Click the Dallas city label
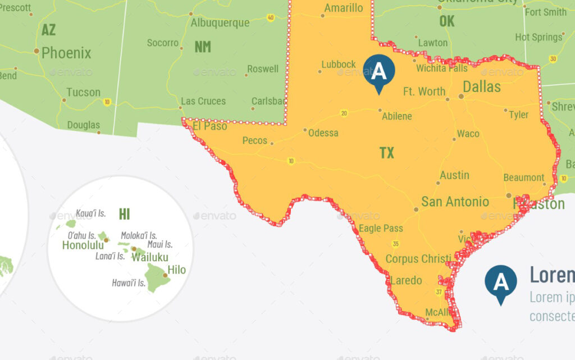481,86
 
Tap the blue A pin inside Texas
379,72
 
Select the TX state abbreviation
387,153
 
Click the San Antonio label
455,202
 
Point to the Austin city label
454,175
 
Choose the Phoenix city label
66,53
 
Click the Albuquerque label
220,23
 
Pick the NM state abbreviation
203,47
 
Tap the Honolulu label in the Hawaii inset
83,245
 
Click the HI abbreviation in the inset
124,213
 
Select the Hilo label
176,270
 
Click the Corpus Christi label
418,259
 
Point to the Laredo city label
406,280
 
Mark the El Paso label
209,126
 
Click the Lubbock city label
339,65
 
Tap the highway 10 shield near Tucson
107,102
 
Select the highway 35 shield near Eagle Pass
396,244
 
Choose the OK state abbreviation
447,21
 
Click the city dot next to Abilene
380,110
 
